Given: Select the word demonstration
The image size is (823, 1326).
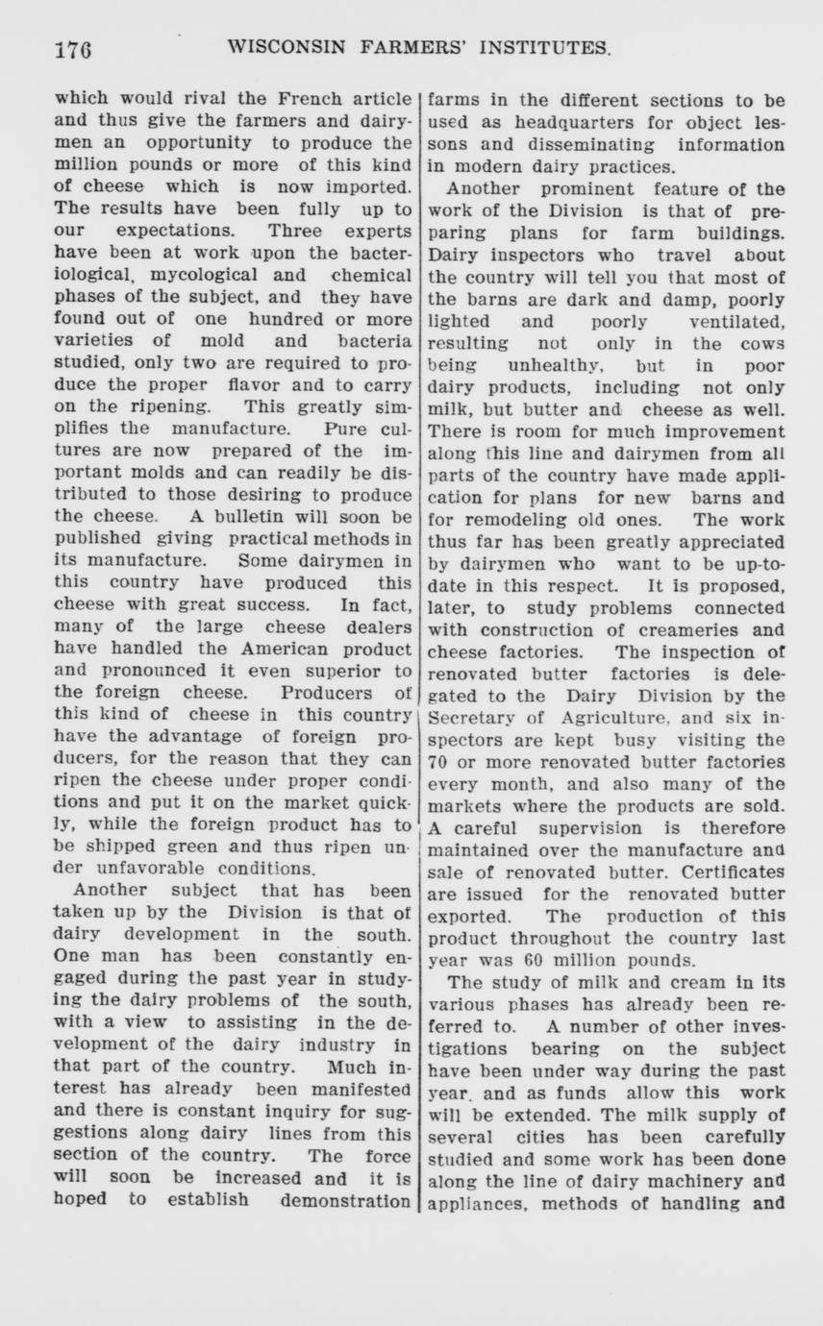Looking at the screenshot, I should pyautogui.click(x=345, y=1200).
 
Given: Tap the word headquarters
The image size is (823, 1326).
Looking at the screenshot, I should pyautogui.click(x=526, y=122).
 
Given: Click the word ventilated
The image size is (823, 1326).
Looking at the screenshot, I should pyautogui.click(x=736, y=322).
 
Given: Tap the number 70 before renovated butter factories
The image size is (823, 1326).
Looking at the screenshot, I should pyautogui.click(x=438, y=762).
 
